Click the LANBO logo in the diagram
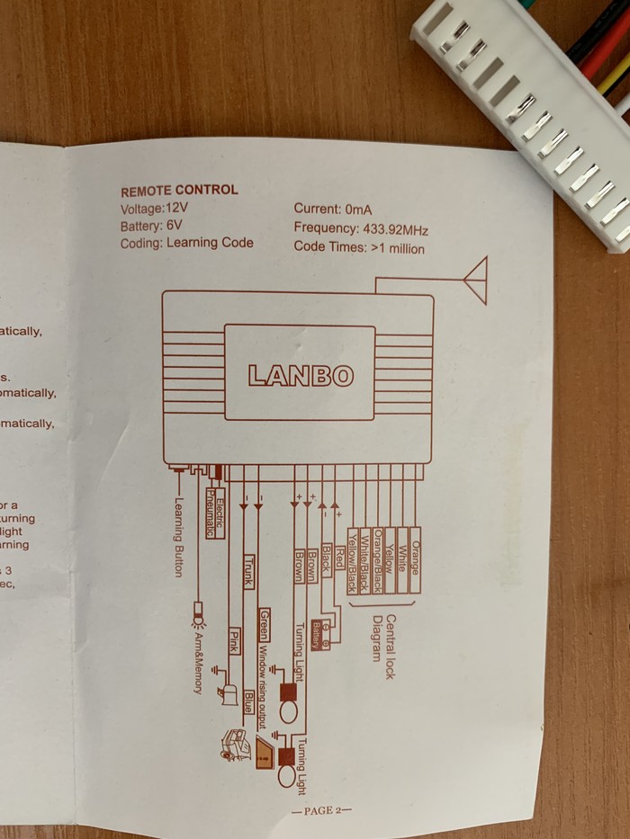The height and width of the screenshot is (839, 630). (301, 375)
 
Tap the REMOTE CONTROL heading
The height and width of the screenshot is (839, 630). (179, 191)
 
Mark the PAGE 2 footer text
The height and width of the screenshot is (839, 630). (320, 811)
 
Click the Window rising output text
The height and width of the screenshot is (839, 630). (264, 680)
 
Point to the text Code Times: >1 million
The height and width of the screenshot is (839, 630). (358, 247)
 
